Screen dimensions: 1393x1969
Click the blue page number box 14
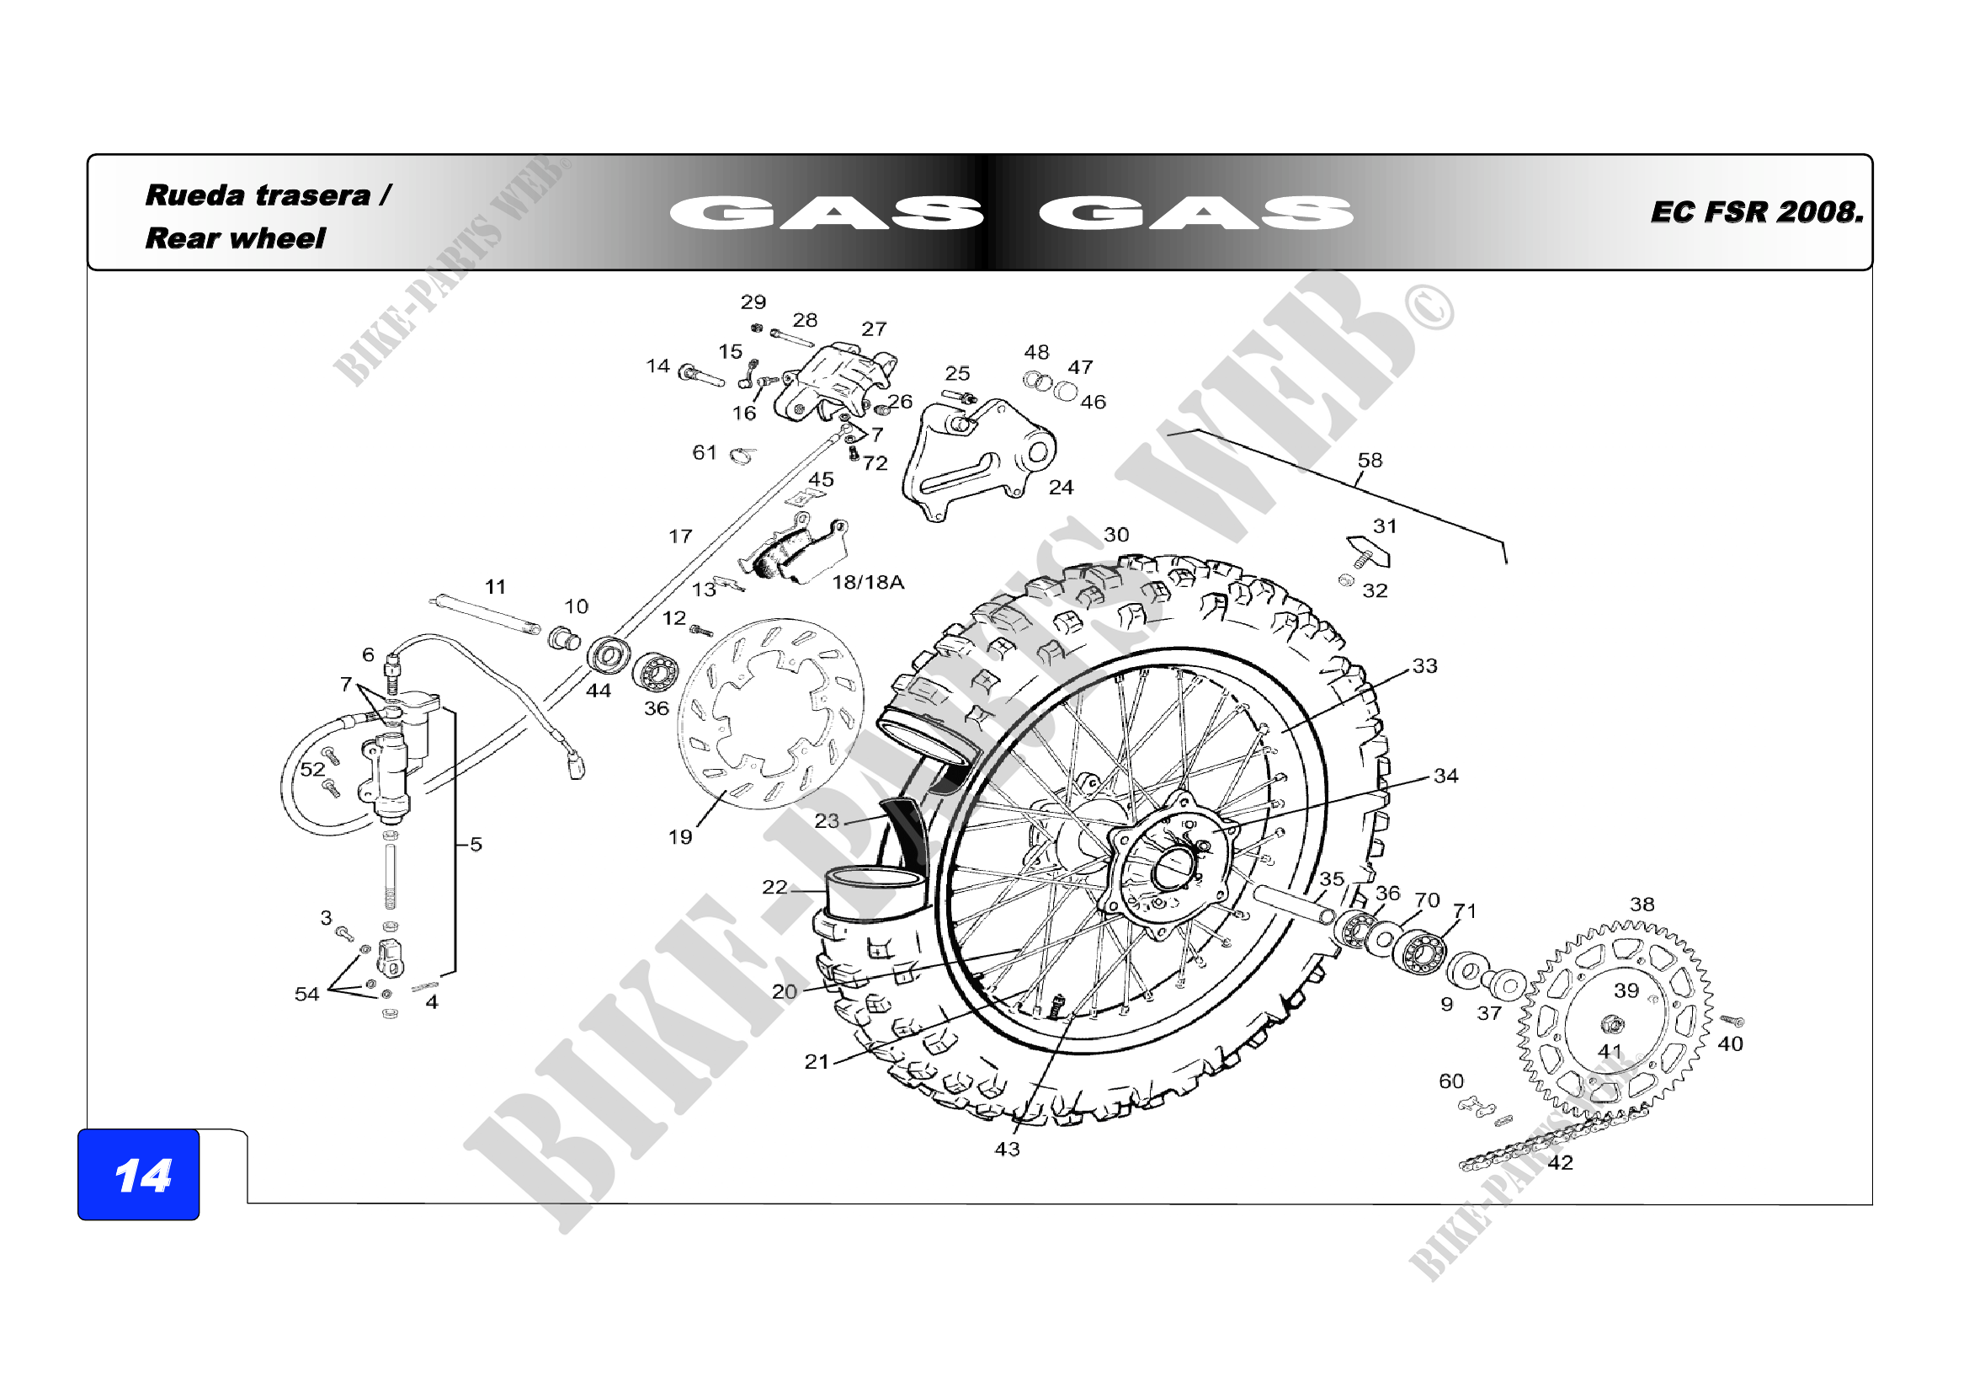click(x=138, y=1174)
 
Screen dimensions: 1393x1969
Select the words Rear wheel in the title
click(x=235, y=238)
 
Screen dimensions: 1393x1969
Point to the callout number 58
click(x=1370, y=461)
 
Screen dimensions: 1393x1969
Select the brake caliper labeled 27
click(x=836, y=382)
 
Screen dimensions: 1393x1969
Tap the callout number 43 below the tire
click(x=1007, y=1149)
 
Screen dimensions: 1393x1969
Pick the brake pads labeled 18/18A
click(x=797, y=554)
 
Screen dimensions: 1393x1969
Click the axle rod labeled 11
click(x=485, y=614)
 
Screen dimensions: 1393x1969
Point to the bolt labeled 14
click(x=699, y=376)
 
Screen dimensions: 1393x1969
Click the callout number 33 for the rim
click(x=1424, y=665)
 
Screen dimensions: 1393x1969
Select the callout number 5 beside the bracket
click(x=476, y=844)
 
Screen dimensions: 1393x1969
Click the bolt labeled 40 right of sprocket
click(x=1732, y=1021)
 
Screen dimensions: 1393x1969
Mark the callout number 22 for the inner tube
click(x=774, y=887)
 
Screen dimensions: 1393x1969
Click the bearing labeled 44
click(x=608, y=657)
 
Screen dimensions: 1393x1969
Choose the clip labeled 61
click(x=742, y=456)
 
